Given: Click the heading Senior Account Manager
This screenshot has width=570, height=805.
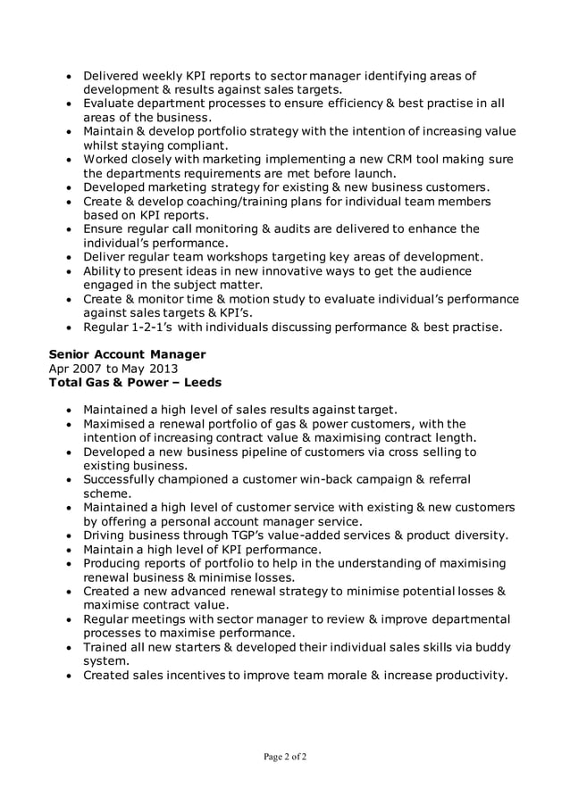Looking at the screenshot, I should pos(127,354).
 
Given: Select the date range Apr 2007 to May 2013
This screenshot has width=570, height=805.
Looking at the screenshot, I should pos(113,369).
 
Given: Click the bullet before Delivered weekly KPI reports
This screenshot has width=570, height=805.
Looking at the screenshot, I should pos(69,77).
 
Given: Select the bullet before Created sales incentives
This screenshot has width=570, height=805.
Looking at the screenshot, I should pos(69,676).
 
